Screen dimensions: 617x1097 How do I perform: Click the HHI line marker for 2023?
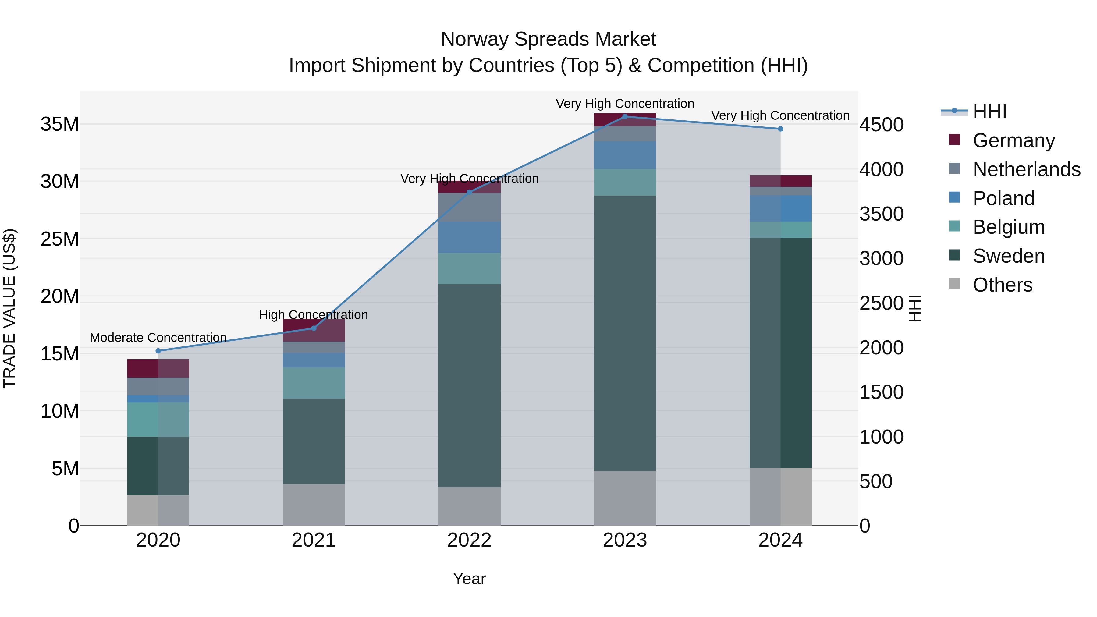pyautogui.click(x=625, y=116)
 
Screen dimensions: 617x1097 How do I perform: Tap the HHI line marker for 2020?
pyautogui.click(x=158, y=351)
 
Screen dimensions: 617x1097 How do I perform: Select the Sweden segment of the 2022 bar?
pyautogui.click(x=469, y=385)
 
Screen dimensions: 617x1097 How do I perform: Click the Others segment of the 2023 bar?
pyautogui.click(x=625, y=498)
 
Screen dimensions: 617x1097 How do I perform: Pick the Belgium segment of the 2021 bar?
pyautogui.click(x=314, y=383)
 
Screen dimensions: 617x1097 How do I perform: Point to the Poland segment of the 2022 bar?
pyautogui.click(x=469, y=237)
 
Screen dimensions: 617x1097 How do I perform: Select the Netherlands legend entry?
pyautogui.click(x=1026, y=169)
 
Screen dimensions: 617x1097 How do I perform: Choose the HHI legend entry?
pyautogui.click(x=989, y=112)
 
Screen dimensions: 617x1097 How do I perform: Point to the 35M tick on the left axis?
pyautogui.click(x=60, y=124)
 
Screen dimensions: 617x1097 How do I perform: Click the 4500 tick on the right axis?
pyautogui.click(x=881, y=125)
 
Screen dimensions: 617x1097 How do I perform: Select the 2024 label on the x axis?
pyautogui.click(x=780, y=540)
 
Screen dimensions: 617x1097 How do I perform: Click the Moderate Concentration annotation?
pyautogui.click(x=158, y=338)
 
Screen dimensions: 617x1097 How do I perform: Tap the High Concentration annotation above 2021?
pyautogui.click(x=314, y=315)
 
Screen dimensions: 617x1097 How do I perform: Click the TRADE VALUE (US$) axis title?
pyautogui.click(x=9, y=308)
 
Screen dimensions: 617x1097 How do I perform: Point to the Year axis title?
pyautogui.click(x=469, y=579)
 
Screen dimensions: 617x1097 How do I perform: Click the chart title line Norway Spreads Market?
pyautogui.click(x=548, y=39)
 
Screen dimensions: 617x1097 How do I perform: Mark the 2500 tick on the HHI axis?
pyautogui.click(x=881, y=303)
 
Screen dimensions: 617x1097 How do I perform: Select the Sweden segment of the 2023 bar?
pyautogui.click(x=625, y=333)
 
